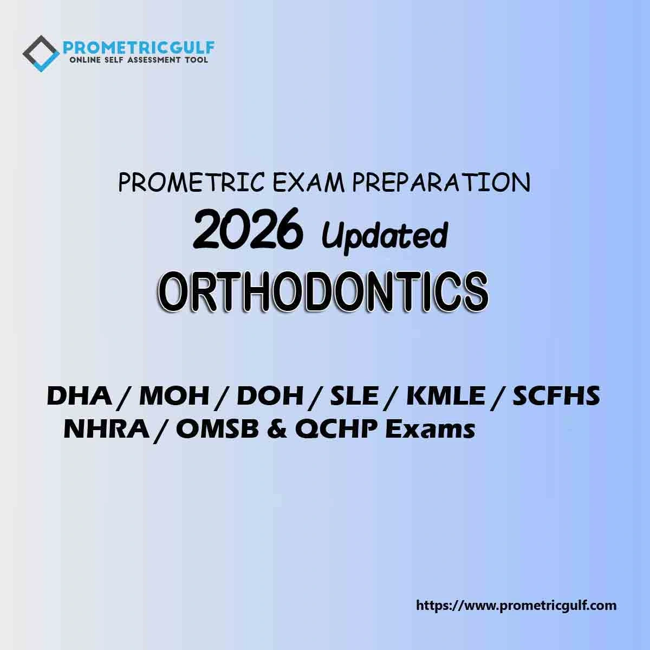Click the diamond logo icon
pyautogui.click(x=41, y=54)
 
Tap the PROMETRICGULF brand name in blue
pyautogui.click(x=139, y=48)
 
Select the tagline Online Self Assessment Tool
pyautogui.click(x=138, y=60)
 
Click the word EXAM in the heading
pyautogui.click(x=309, y=183)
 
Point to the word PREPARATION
pyautogui.click(x=441, y=183)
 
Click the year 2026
pyautogui.click(x=247, y=229)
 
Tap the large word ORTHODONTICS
pyautogui.click(x=323, y=291)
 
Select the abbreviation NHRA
pyautogui.click(x=107, y=430)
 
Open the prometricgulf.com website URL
pyautogui.click(x=516, y=606)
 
